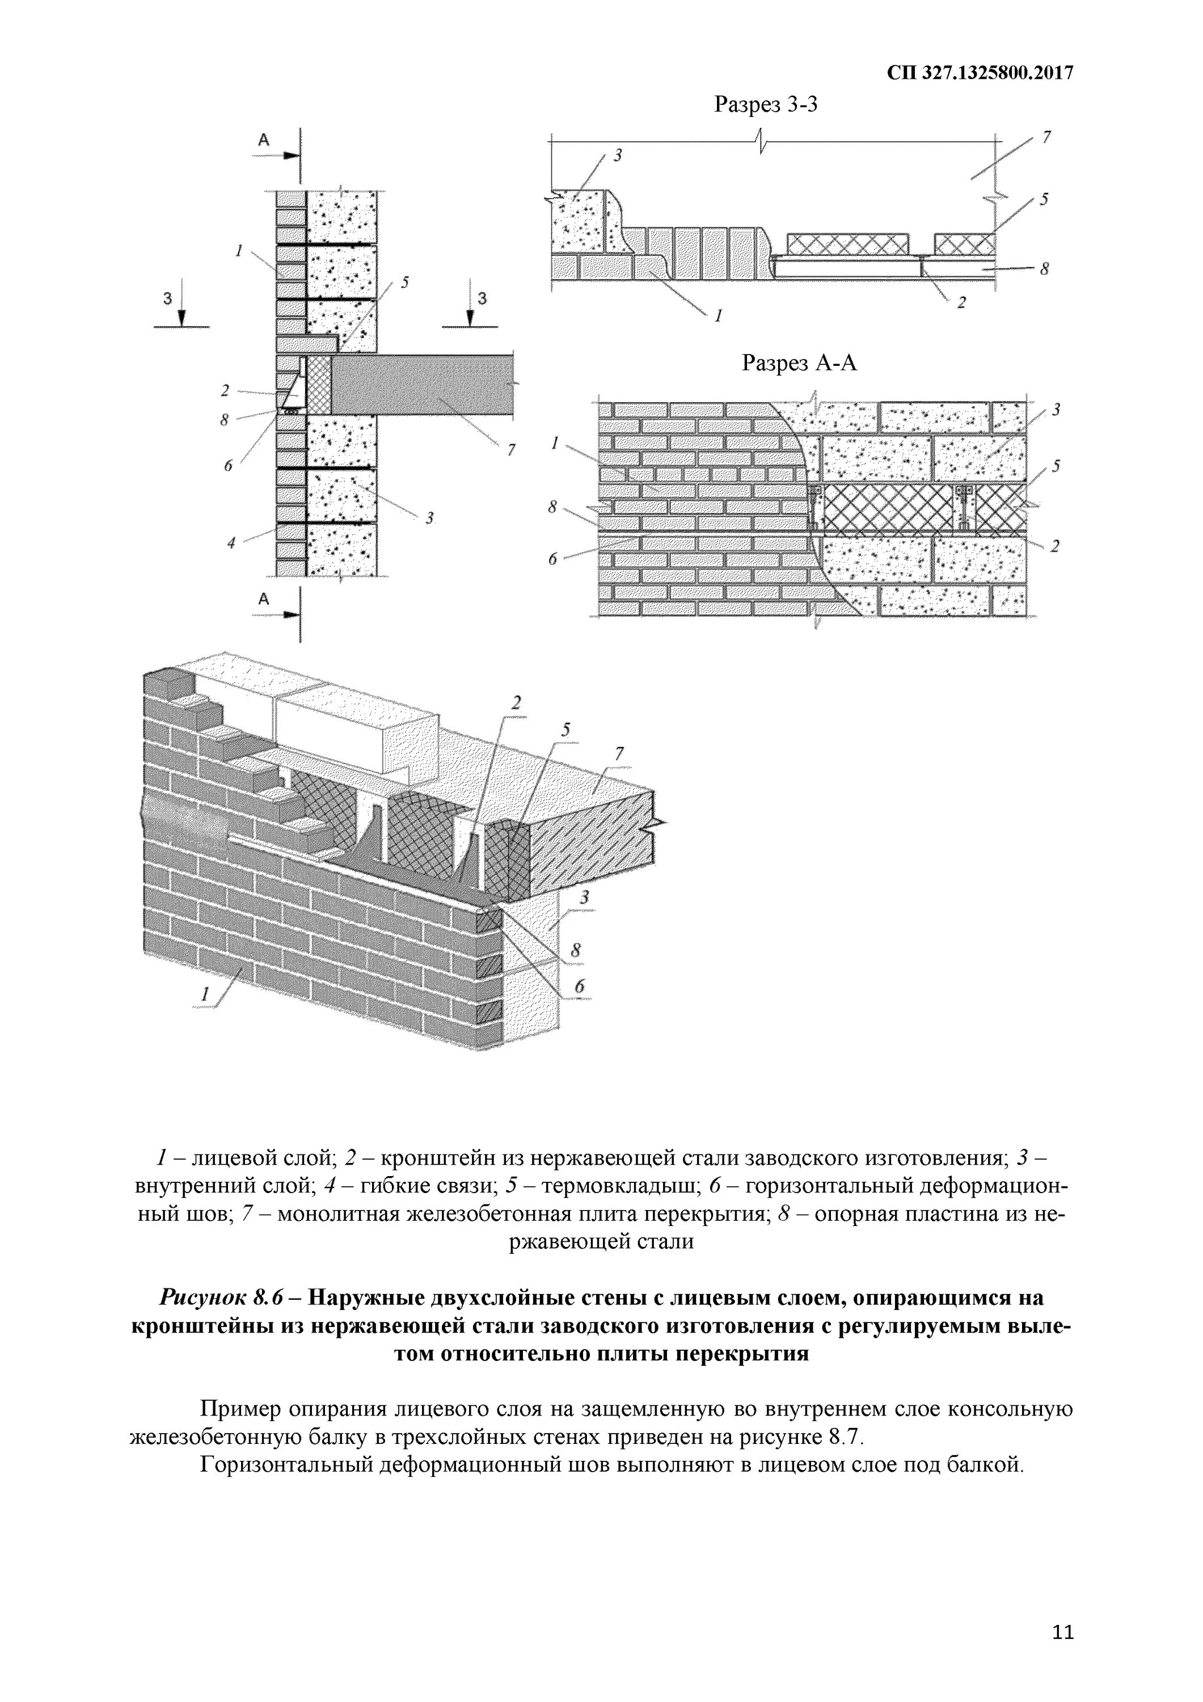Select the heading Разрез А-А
pos(799,363)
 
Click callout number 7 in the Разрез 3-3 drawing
pos(1046,137)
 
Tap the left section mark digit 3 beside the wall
pos(167,298)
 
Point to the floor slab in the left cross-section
pos(423,384)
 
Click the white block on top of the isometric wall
pos(356,730)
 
